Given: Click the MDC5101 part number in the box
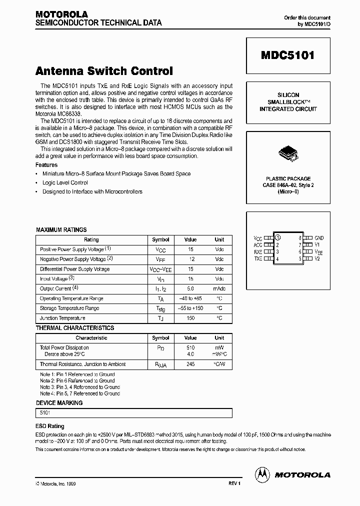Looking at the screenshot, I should pos(287,55).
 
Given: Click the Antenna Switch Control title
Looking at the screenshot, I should pos(104,71).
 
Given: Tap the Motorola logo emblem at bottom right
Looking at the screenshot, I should pos(261,474).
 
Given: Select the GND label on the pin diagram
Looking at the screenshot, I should pos(319,238).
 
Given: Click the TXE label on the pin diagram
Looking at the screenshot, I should pos(258,259).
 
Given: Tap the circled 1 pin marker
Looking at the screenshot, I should pos(278,238).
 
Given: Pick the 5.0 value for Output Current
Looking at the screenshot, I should pos(190,288).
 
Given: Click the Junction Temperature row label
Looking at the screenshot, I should pos(62,318).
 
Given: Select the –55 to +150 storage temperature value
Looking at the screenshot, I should pos(190,308).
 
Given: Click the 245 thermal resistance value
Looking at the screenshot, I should pos(190,364).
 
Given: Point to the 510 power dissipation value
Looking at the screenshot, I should pos(190,347).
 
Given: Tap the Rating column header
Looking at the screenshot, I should pos(91,239).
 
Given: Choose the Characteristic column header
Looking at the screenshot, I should pos(91,337).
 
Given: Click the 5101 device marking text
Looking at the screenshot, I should pos(45,413).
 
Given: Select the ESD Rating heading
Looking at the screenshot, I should pos(50,426).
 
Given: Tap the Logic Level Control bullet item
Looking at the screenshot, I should pos(65,182).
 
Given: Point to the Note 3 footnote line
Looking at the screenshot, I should pos(80,387).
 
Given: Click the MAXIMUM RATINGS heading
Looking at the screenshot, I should pos(61,229).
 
